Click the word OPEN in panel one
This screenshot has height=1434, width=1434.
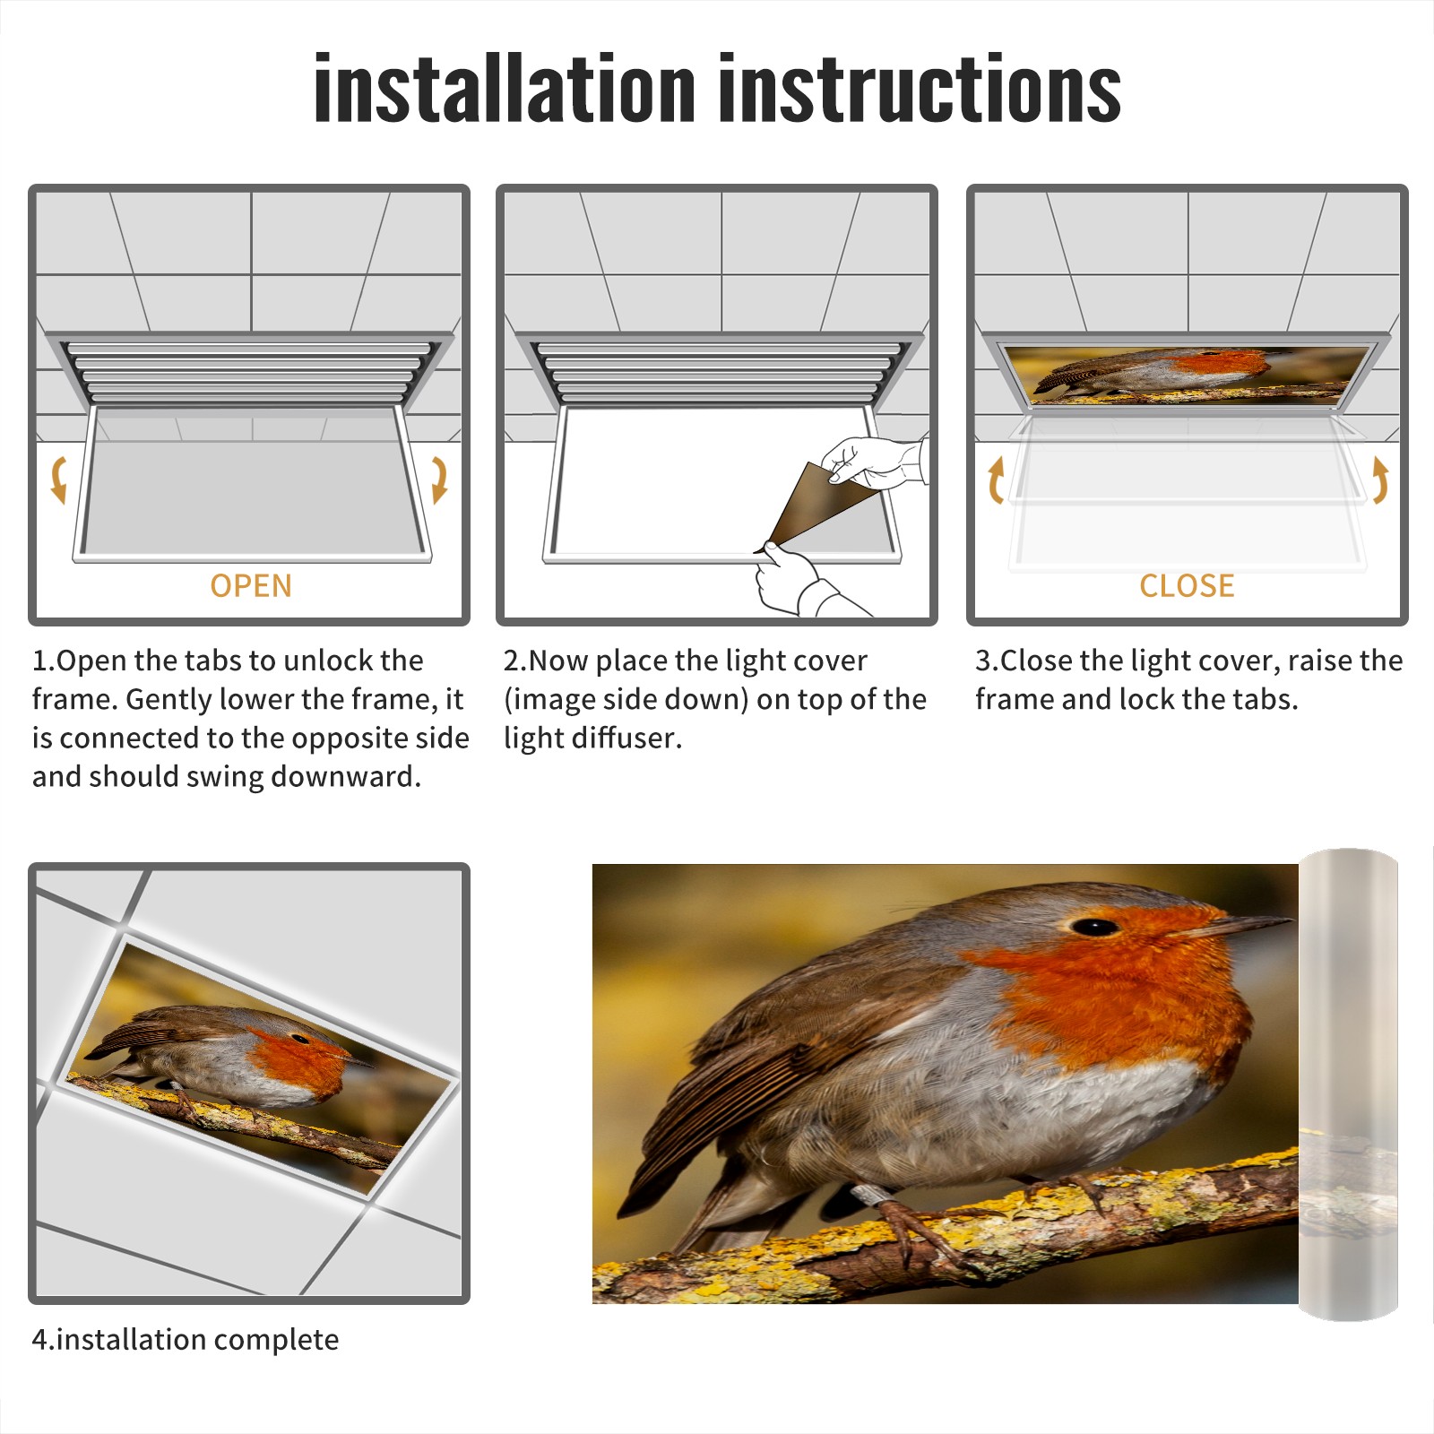click(x=251, y=586)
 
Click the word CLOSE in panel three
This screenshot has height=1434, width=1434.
click(x=1187, y=586)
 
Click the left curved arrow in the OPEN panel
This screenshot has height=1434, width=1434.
click(x=58, y=479)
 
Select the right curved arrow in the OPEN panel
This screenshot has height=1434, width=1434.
click(x=439, y=479)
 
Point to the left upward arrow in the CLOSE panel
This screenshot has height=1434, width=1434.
click(x=995, y=479)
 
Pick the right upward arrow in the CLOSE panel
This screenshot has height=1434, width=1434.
click(x=1380, y=479)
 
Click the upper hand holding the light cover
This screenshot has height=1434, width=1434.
click(x=874, y=462)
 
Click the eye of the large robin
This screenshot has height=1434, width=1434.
click(x=1094, y=927)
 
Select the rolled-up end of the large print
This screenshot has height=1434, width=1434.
click(x=1349, y=1084)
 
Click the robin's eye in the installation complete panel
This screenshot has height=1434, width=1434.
click(x=299, y=1039)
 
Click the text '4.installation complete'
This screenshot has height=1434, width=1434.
click(x=186, y=1340)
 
